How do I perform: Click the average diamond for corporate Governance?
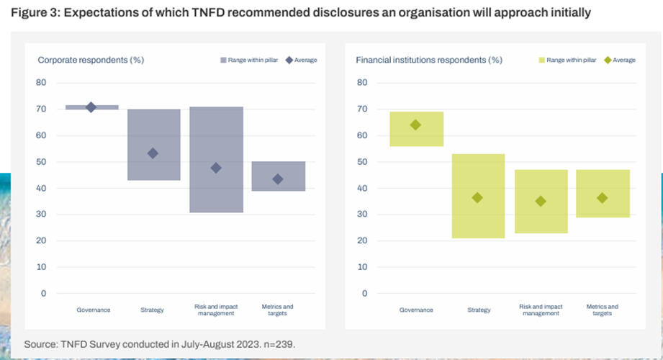tap(91, 107)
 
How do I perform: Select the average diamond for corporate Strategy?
tap(153, 153)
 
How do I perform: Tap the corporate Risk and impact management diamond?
tap(216, 168)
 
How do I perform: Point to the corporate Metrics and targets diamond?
tap(278, 179)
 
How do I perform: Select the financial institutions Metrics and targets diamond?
tap(602, 198)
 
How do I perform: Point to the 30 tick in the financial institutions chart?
tap(362, 215)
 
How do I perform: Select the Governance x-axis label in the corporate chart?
tap(94, 310)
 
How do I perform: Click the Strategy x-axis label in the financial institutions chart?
tap(478, 310)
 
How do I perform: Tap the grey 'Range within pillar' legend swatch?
tap(223, 60)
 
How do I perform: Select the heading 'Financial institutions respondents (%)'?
tap(428, 60)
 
